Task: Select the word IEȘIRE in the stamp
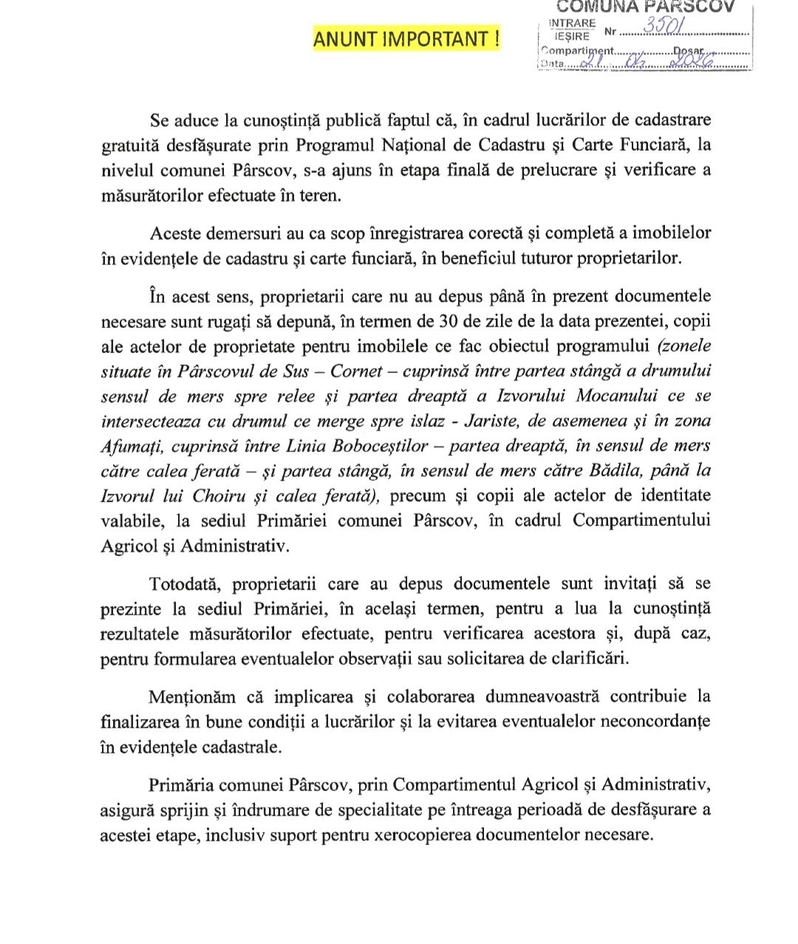[x=572, y=35]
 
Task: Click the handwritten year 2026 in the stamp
[x=689, y=64]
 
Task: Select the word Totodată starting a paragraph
[x=185, y=584]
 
